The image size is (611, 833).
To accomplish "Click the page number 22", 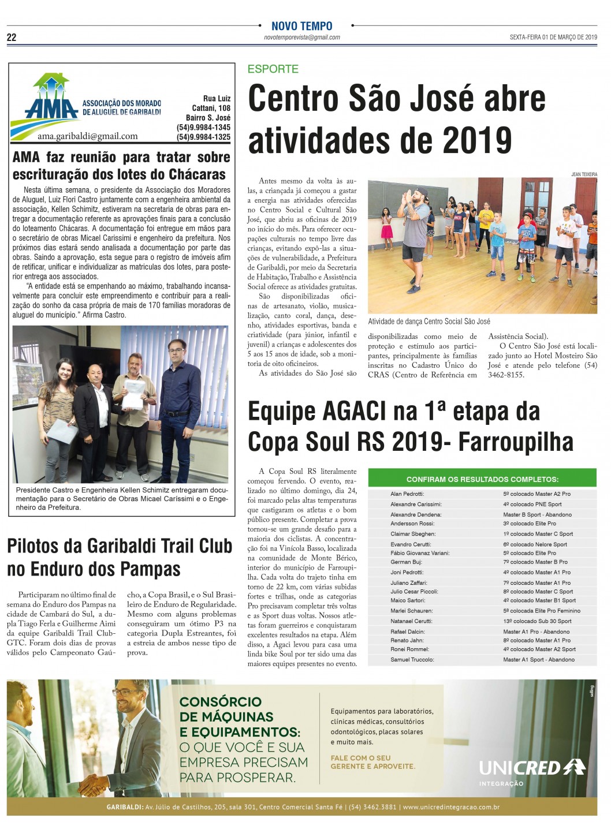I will point(12,38).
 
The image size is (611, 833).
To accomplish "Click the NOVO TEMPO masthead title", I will point(301,26).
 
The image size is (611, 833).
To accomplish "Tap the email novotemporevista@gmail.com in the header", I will point(301,38).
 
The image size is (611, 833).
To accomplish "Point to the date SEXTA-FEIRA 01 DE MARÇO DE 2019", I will point(553,38).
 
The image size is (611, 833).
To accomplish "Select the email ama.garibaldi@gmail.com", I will point(87,136).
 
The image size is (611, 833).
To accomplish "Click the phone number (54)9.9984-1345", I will point(203,128).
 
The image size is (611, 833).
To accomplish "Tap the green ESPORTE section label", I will point(273,69).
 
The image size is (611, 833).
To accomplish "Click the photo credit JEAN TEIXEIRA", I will point(584,174).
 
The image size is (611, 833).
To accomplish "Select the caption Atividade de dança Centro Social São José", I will point(429,322).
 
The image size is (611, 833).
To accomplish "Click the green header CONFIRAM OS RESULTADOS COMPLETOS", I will point(482,479).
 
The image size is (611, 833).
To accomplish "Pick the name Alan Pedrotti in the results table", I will point(407,494).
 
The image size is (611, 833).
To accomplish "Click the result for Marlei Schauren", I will point(541,611).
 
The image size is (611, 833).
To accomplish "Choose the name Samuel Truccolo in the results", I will point(412,659).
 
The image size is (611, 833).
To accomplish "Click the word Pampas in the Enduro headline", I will point(153,569).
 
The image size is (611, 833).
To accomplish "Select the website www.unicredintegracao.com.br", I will point(451,807).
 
